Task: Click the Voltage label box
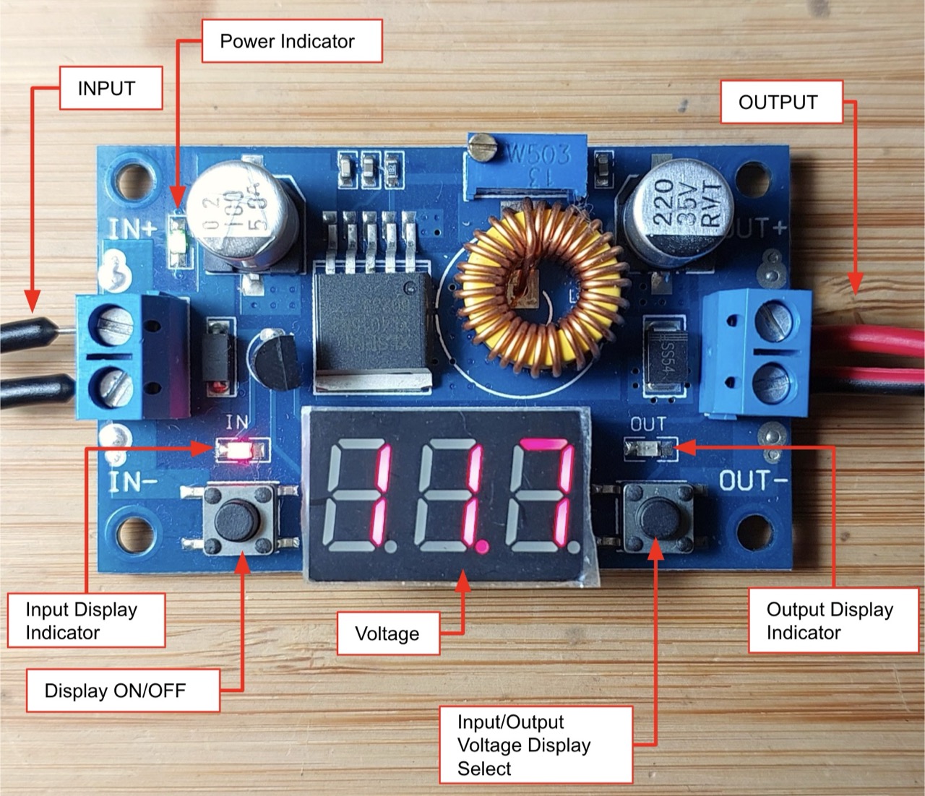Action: tap(388, 633)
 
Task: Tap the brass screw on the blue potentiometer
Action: tap(483, 149)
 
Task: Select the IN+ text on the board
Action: tap(132, 228)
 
